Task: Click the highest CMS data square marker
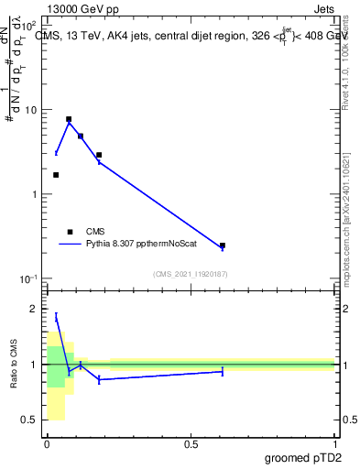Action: point(69,119)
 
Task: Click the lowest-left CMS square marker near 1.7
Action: point(56,175)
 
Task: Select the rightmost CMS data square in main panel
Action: point(223,245)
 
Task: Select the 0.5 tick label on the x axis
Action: point(191,444)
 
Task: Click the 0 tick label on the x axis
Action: point(47,444)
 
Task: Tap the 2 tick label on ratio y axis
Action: point(36,310)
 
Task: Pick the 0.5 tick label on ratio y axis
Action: point(30,420)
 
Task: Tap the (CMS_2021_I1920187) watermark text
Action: point(191,274)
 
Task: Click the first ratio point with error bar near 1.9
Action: point(56,316)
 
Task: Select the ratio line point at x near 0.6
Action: point(223,371)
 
